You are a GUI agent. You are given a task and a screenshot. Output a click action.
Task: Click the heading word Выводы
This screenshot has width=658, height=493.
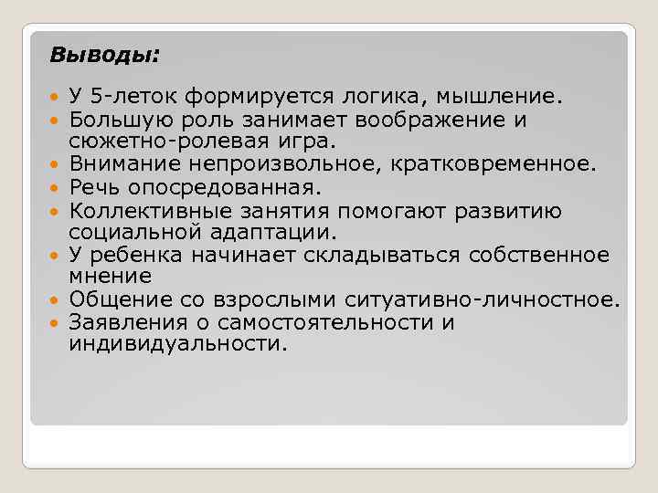[101, 56]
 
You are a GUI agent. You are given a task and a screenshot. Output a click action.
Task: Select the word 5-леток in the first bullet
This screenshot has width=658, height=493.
[122, 96]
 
